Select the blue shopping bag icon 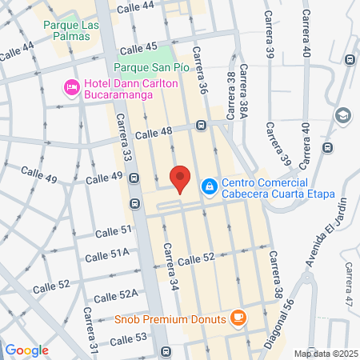point(209,186)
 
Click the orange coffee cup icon point(238,318)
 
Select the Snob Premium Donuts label point(171,318)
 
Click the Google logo point(27,350)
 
